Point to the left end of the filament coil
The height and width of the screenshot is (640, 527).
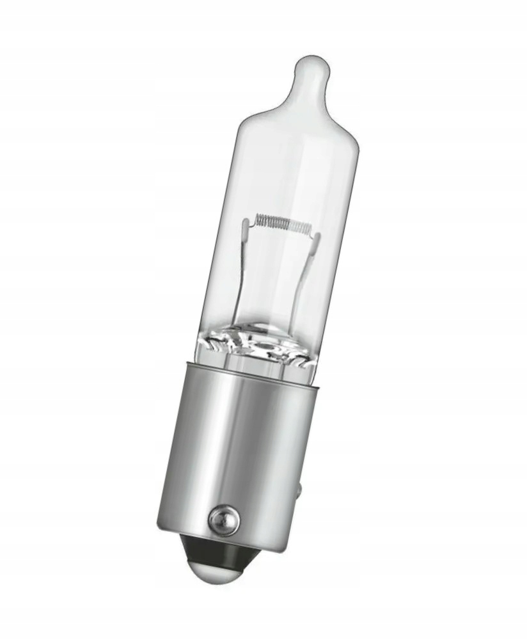point(258,220)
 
